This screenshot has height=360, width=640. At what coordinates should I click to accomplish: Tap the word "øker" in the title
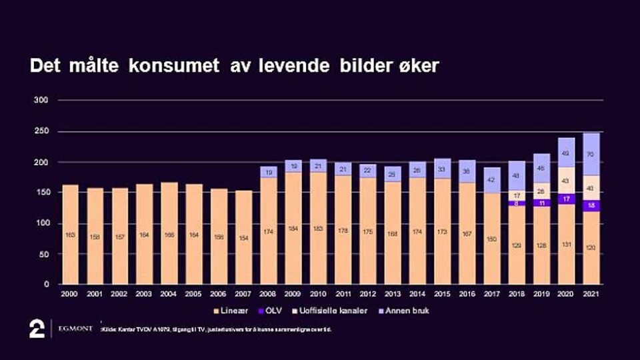click(x=417, y=67)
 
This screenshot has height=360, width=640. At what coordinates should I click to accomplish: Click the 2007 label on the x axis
click(x=243, y=293)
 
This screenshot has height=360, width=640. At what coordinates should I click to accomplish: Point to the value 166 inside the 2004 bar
click(x=169, y=235)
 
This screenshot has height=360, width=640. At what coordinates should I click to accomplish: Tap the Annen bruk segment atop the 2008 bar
click(x=268, y=171)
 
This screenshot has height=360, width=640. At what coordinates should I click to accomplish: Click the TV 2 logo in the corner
click(x=37, y=329)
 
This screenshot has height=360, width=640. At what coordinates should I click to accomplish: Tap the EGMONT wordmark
click(x=75, y=329)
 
